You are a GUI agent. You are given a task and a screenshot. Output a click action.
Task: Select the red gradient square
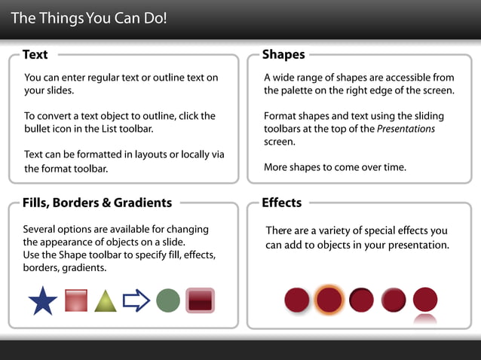(76, 300)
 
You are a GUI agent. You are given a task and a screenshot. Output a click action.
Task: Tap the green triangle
(106, 301)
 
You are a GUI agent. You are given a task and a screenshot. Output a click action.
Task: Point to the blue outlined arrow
(136, 301)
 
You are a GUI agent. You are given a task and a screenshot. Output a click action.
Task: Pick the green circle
(168, 301)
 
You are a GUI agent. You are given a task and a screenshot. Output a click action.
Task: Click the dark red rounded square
(200, 301)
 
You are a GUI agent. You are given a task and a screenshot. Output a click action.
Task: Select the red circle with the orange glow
(329, 300)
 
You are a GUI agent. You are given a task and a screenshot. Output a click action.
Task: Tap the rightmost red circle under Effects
(425, 299)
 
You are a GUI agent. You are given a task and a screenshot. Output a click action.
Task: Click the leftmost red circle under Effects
(296, 300)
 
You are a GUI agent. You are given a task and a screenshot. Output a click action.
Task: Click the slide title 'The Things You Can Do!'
(89, 17)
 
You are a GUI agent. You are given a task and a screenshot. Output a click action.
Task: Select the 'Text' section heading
(35, 54)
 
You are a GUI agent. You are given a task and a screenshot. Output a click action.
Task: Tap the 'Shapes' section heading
(283, 54)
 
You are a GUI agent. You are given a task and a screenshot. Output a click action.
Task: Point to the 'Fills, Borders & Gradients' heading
(97, 203)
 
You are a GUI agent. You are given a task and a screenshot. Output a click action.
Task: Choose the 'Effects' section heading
(282, 203)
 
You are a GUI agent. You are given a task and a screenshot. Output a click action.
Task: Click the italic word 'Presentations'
(406, 129)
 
